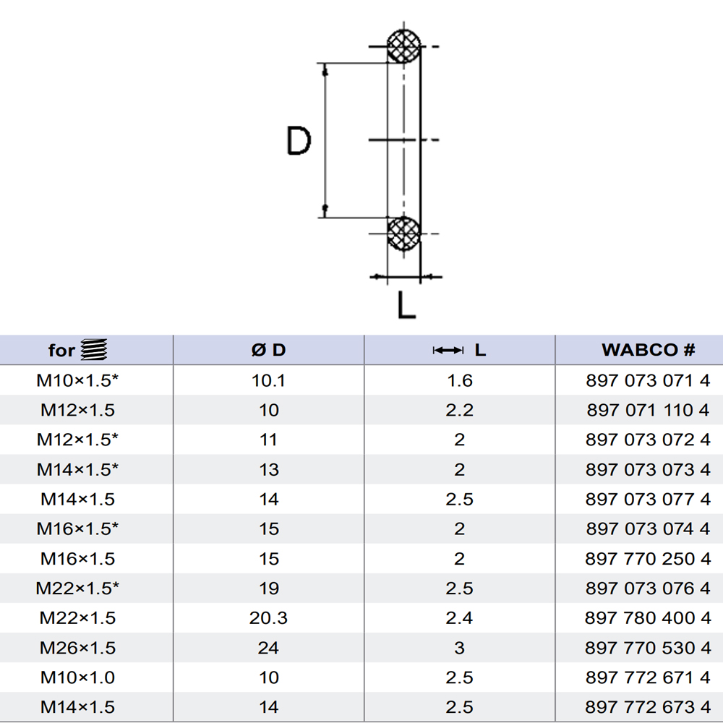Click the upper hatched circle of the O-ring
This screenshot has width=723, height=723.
[403, 46]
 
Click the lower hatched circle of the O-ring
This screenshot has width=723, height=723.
[403, 234]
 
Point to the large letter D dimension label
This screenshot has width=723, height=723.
[299, 141]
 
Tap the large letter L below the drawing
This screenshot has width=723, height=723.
[406, 305]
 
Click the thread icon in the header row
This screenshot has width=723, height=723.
[94, 349]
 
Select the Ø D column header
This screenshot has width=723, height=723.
[269, 350]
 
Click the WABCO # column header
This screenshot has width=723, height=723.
[648, 350]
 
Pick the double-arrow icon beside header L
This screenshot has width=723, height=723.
[448, 351]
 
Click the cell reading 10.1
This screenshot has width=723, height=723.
[268, 380]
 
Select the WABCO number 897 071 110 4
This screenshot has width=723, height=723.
[648, 410]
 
